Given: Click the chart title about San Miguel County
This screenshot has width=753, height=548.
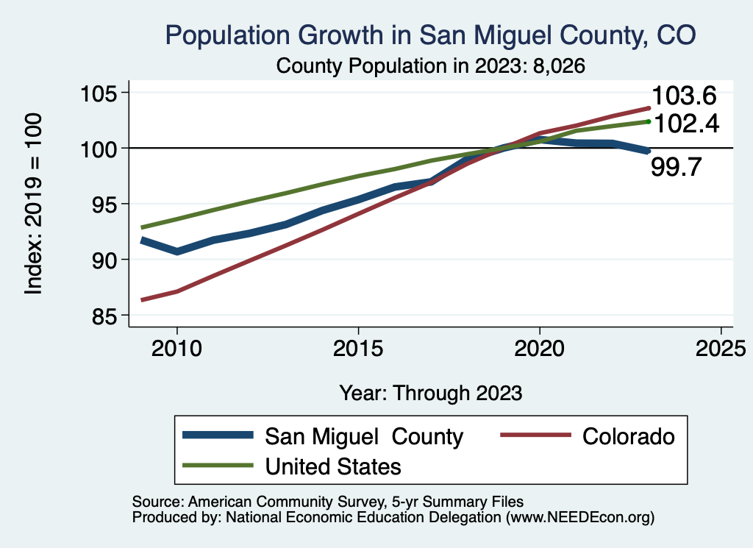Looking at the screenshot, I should (x=430, y=35).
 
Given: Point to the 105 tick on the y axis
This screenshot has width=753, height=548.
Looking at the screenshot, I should (x=100, y=93).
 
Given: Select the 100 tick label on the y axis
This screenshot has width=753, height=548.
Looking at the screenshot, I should (x=100, y=149).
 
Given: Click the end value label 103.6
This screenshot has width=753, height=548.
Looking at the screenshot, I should (x=684, y=96).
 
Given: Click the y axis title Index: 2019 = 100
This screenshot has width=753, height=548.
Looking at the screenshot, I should (x=34, y=204).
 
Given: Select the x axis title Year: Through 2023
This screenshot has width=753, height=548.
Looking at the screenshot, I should (x=431, y=393).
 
